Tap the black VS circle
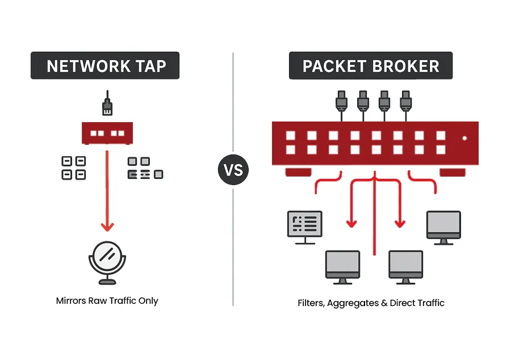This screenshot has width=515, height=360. pos(233,170)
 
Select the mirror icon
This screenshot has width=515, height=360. pos(107,263)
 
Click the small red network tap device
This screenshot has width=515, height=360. pos(107,134)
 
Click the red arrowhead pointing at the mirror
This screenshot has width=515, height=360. pos(107,226)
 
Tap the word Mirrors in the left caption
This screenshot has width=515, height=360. pos(71,300)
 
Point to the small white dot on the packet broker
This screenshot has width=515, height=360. pos(464,138)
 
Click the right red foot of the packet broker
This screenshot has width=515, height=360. pos(452,172)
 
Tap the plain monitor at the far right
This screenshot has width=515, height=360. pos(443,226)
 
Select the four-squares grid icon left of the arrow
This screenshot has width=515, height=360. pos(73,168)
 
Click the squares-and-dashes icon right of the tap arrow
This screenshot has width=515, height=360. pos(145,168)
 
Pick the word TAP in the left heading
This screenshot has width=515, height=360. pos(151,66)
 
